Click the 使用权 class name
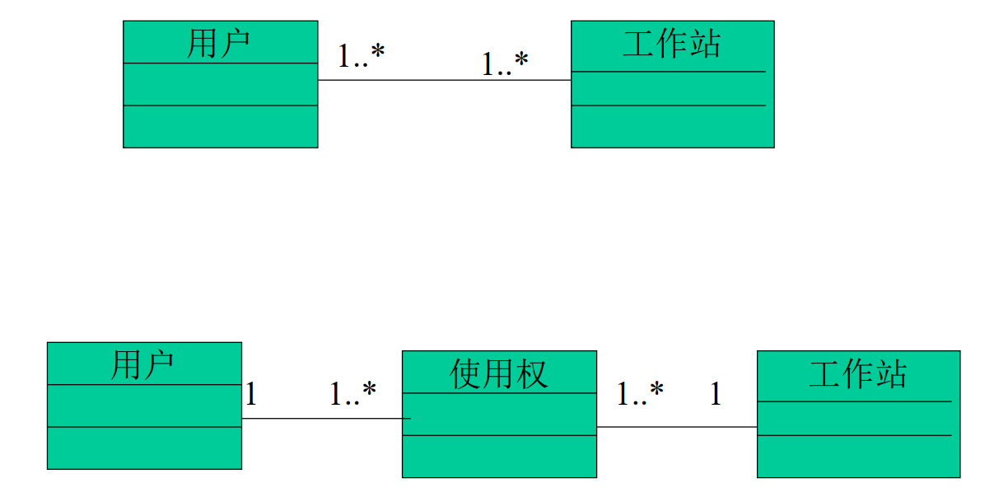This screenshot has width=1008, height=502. point(499,374)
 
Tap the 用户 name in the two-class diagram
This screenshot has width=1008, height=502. point(219,43)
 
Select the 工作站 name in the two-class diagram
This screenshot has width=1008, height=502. point(671,44)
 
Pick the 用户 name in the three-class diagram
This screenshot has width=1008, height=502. point(143,364)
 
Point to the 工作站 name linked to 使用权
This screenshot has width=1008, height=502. point(857,374)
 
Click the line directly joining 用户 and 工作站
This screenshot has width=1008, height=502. point(444,80)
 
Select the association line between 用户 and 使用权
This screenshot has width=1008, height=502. point(321,418)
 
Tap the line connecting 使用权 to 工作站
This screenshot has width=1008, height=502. point(676,427)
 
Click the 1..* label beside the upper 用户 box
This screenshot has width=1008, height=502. point(361,55)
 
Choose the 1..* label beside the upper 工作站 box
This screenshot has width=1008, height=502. point(505,63)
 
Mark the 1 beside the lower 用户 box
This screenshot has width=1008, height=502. point(251,395)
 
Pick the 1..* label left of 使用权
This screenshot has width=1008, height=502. point(352,394)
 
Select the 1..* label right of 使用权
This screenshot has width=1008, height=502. point(640,394)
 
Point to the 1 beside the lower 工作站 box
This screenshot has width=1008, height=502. point(715,395)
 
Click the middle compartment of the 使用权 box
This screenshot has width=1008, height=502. point(499,414)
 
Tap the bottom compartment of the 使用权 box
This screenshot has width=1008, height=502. point(499,456)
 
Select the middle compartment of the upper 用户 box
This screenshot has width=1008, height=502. point(220,84)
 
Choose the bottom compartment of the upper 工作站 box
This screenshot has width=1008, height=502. point(672,126)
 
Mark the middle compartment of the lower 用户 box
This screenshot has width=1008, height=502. point(144,406)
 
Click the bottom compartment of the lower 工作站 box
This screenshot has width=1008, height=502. point(858,456)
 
